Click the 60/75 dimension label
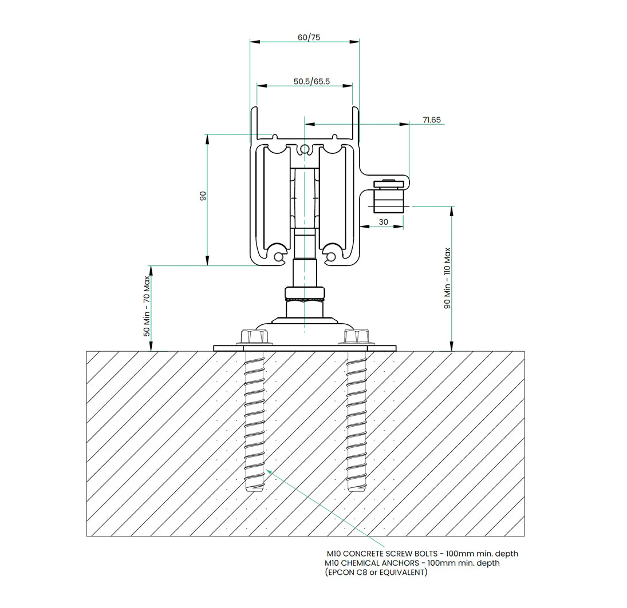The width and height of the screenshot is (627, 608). (309, 37)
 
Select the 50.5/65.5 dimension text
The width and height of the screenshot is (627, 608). (311, 82)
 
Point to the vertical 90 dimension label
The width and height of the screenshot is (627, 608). (202, 196)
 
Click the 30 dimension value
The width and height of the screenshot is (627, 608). (383, 221)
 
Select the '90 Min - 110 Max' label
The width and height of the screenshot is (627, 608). (447, 278)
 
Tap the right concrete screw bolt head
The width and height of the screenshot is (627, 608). (356, 337)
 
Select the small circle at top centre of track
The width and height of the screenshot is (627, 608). (305, 149)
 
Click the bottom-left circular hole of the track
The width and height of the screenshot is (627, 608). (279, 257)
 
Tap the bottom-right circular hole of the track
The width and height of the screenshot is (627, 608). (331, 257)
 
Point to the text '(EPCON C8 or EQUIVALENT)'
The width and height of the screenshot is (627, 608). (375, 572)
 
